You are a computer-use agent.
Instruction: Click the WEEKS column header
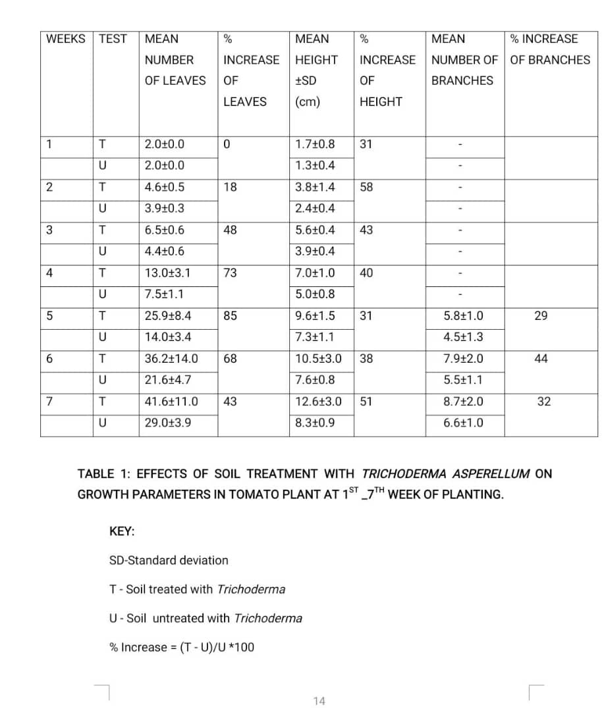pyautogui.click(x=66, y=39)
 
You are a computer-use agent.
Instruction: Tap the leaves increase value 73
pyautogui.click(x=230, y=273)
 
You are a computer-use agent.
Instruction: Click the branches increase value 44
pyautogui.click(x=541, y=359)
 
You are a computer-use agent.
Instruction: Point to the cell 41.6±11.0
pyautogui.click(x=171, y=402)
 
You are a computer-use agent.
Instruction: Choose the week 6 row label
pyautogui.click(x=49, y=359)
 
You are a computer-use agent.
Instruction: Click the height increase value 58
pyautogui.click(x=366, y=187)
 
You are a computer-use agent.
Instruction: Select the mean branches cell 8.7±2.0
pyautogui.click(x=464, y=402)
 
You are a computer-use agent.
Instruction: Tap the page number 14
pyautogui.click(x=319, y=701)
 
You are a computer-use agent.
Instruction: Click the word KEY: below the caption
pyautogui.click(x=122, y=531)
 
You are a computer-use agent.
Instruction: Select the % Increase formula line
pyautogui.click(x=182, y=647)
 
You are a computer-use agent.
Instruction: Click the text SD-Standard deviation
pyautogui.click(x=169, y=560)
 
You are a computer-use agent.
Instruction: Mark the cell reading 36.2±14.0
pyautogui.click(x=171, y=359)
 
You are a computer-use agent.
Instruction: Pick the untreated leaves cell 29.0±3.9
pyautogui.click(x=168, y=423)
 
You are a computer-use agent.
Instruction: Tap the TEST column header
pyautogui.click(x=113, y=39)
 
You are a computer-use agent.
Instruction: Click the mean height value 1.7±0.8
pyautogui.click(x=315, y=144)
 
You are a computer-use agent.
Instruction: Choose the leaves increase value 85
pyautogui.click(x=230, y=316)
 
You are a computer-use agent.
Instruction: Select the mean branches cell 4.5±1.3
pyautogui.click(x=464, y=337)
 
